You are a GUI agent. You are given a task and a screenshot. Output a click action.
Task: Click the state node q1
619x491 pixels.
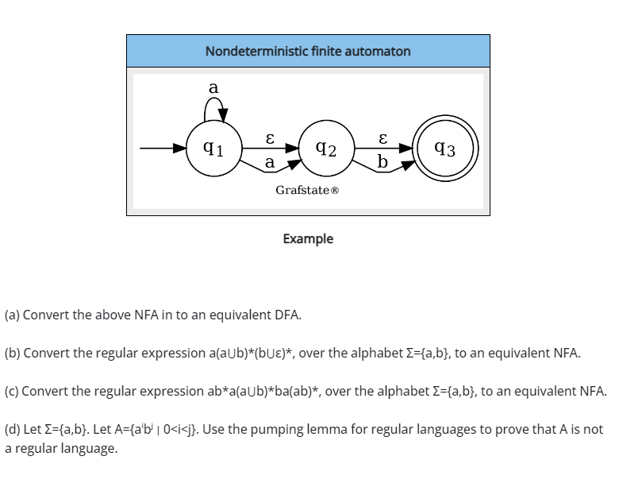click(x=212, y=148)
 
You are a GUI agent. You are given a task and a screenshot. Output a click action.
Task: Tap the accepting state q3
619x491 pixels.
click(x=445, y=148)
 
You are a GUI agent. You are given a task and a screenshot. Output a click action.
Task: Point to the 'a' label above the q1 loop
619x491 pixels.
click(x=213, y=88)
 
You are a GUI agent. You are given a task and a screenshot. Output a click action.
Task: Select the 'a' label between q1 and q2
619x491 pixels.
click(x=270, y=161)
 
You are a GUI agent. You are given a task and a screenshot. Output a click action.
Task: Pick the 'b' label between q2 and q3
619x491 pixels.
click(x=383, y=161)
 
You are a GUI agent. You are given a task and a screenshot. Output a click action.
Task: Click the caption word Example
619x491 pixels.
click(x=308, y=238)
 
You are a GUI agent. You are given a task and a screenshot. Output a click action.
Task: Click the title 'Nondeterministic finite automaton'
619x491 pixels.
click(x=308, y=51)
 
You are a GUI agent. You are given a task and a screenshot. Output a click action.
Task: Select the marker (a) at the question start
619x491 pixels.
click(x=12, y=314)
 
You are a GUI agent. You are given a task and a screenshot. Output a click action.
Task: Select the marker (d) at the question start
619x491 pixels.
click(x=12, y=429)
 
